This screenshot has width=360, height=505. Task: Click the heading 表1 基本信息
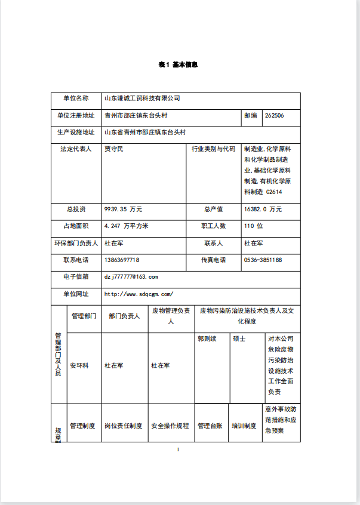179,64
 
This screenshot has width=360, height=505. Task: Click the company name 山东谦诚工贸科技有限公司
142,98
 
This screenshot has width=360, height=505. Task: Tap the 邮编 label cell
251,116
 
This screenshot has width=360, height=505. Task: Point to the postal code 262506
274,116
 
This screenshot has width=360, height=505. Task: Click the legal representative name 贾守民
113,149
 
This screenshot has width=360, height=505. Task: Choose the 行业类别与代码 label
213,149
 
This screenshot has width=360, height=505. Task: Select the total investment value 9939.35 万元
123,210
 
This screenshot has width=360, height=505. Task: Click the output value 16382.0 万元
263,210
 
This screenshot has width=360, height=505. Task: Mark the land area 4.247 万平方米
126,226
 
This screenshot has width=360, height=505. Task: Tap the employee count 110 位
253,226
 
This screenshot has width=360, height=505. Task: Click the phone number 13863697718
122,260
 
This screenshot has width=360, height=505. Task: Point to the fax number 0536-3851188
263,260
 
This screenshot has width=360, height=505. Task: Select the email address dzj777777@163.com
131,277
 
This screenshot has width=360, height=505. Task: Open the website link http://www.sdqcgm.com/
139,294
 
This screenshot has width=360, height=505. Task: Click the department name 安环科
79,365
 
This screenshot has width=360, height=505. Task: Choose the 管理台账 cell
210,426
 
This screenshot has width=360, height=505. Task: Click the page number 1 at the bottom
179,449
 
